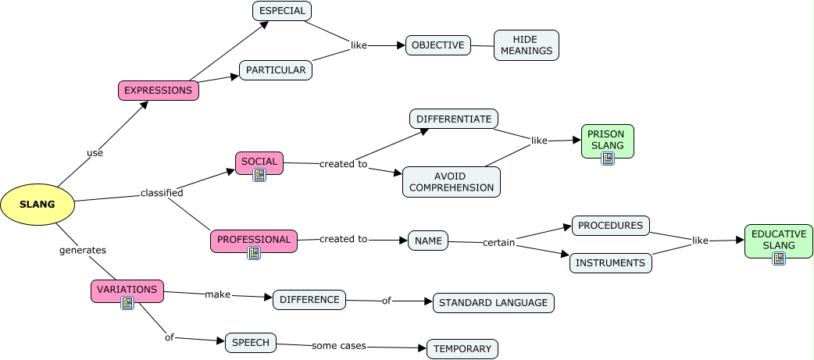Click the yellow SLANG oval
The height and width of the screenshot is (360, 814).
tap(37, 205)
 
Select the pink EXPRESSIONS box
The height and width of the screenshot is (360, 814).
tap(158, 91)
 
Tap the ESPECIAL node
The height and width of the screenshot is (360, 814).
tap(282, 11)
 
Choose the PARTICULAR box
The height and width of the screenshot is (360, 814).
tap(276, 70)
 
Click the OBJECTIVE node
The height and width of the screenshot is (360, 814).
tap(438, 45)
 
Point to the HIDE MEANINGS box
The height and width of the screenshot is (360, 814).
tap(527, 45)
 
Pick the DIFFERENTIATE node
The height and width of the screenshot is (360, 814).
tap(454, 119)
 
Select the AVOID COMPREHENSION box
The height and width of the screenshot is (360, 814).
tap(452, 182)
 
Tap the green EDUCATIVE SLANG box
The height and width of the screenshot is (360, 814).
tap(778, 240)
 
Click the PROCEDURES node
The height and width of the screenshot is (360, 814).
tap(611, 226)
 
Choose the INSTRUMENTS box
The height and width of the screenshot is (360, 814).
tap(610, 263)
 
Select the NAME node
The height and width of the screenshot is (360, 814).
tap(428, 241)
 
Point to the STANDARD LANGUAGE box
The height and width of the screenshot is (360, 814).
tap(494, 303)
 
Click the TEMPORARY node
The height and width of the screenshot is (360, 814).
tap(462, 349)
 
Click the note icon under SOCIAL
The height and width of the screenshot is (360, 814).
tap(259, 175)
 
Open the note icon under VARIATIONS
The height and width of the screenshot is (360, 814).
tap(127, 303)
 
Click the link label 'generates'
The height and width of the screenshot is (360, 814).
tap(83, 250)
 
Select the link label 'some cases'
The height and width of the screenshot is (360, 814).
tap(338, 345)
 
